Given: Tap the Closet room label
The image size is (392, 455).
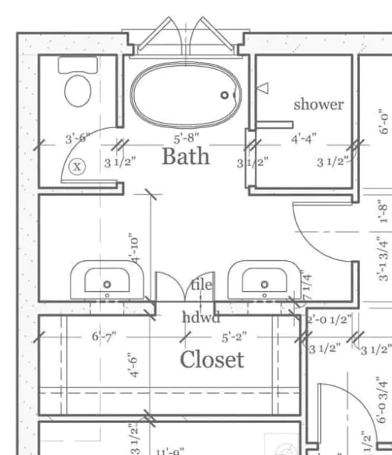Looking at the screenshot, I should (212, 359).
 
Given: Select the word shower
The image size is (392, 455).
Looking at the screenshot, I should (318, 104).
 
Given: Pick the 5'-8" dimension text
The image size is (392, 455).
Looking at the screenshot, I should (187, 139).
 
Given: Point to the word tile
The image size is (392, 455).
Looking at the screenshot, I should (201, 285).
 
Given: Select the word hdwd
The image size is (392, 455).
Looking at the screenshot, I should (201, 317).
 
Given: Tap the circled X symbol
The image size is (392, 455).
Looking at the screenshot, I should (77, 166).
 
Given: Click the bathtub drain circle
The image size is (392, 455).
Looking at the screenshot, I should (224, 95).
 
